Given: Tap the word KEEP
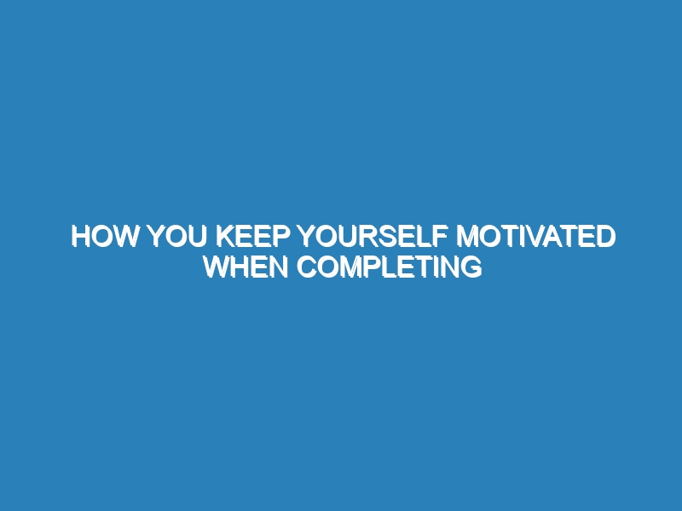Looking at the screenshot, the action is pyautogui.click(x=252, y=237).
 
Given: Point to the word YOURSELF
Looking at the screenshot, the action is pyautogui.click(x=373, y=237).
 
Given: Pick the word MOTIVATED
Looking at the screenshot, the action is pyautogui.click(x=536, y=237).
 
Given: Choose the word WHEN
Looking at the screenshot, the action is pyautogui.click(x=246, y=267).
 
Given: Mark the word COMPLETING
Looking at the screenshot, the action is pyautogui.click(x=390, y=267).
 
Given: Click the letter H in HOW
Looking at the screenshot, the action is pyautogui.click(x=81, y=237).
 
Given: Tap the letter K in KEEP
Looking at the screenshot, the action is pyautogui.click(x=226, y=237).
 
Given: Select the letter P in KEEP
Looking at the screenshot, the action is pyautogui.click(x=281, y=237).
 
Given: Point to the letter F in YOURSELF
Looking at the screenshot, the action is pyautogui.click(x=441, y=237).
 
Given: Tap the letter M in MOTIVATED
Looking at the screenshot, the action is pyautogui.click(x=466, y=237).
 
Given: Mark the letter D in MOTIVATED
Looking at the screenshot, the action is pyautogui.click(x=607, y=237).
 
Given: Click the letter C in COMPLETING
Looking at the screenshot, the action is pyautogui.click(x=307, y=267).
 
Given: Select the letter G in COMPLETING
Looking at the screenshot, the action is pyautogui.click(x=472, y=267).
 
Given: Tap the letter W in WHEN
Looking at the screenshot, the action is pyautogui.click(x=217, y=267).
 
